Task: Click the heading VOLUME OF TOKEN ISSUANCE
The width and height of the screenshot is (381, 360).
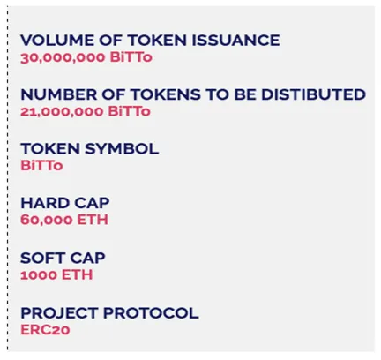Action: point(150,41)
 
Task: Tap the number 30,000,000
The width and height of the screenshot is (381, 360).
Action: point(63,57)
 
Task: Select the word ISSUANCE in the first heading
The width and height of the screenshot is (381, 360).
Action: point(235,41)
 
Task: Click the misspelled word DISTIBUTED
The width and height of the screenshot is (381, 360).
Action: point(313,94)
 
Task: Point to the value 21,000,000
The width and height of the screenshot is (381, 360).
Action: point(62,112)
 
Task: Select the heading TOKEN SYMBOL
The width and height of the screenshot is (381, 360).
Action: point(90,149)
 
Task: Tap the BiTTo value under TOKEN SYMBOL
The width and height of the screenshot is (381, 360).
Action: point(41,166)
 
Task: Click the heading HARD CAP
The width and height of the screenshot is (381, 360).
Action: point(65,203)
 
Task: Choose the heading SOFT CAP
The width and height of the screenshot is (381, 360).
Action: point(63,258)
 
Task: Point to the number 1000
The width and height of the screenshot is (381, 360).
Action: point(39,275)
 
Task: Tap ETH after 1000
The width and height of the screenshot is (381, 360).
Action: point(77,275)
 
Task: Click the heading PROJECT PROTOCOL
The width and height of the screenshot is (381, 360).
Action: point(109,313)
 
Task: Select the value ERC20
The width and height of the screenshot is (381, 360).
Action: point(45,330)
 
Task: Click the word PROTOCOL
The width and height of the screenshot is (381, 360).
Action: point(151,313)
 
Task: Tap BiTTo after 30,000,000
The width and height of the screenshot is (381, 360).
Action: point(131,57)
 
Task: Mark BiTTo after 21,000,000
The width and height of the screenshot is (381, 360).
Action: point(130,112)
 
